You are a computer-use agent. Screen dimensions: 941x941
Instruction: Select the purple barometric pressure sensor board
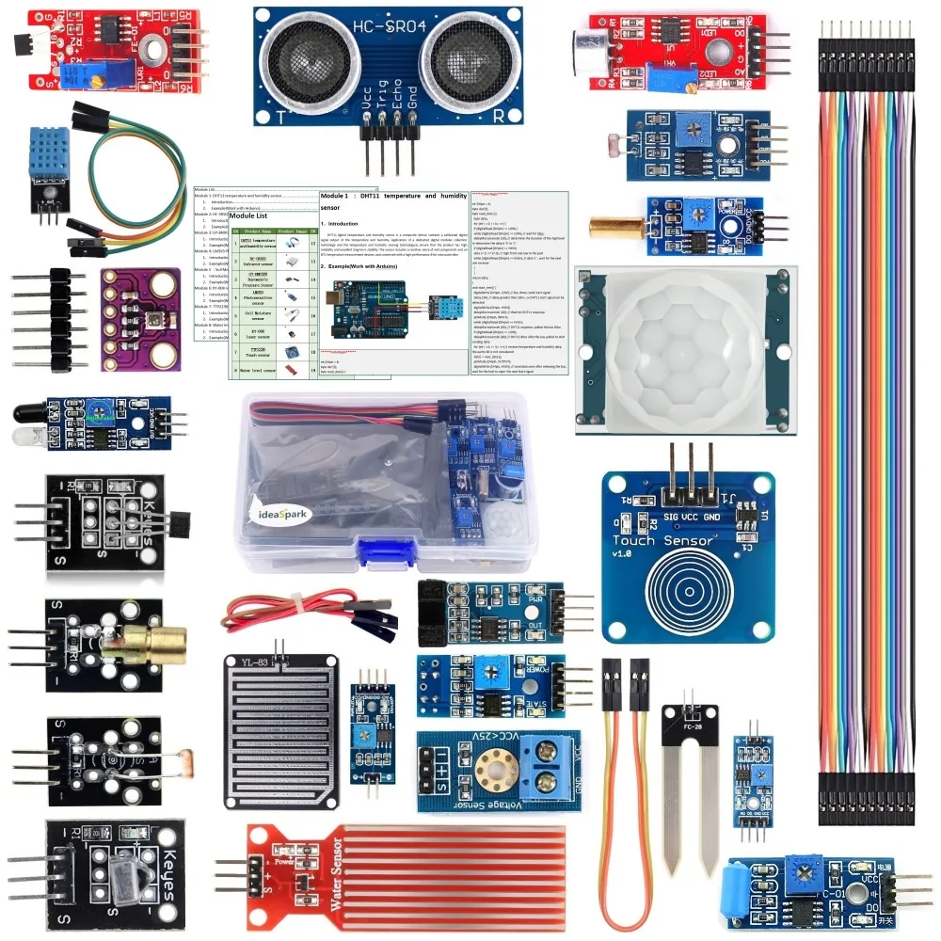[141, 318]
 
